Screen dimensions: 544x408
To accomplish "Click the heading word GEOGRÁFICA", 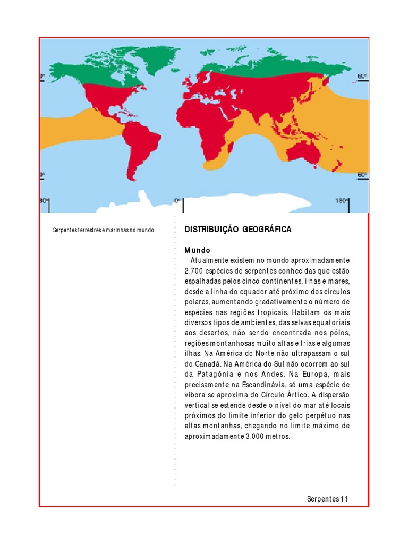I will click(x=267, y=229).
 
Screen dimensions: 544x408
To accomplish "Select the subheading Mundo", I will click(x=198, y=250).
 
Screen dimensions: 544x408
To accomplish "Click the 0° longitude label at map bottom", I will click(x=177, y=201).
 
